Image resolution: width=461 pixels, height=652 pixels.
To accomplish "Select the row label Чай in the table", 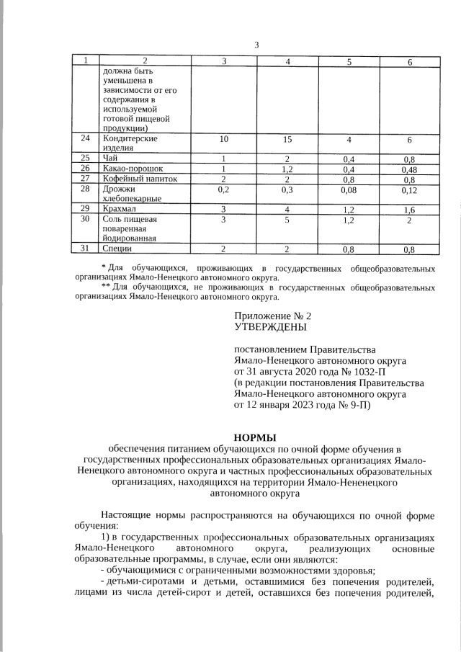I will (110, 158).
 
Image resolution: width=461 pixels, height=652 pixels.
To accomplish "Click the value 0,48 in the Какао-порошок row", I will (408, 169).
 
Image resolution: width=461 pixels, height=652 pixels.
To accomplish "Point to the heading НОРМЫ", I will (256, 437).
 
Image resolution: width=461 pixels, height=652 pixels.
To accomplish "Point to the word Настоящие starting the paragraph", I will (127, 516).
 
